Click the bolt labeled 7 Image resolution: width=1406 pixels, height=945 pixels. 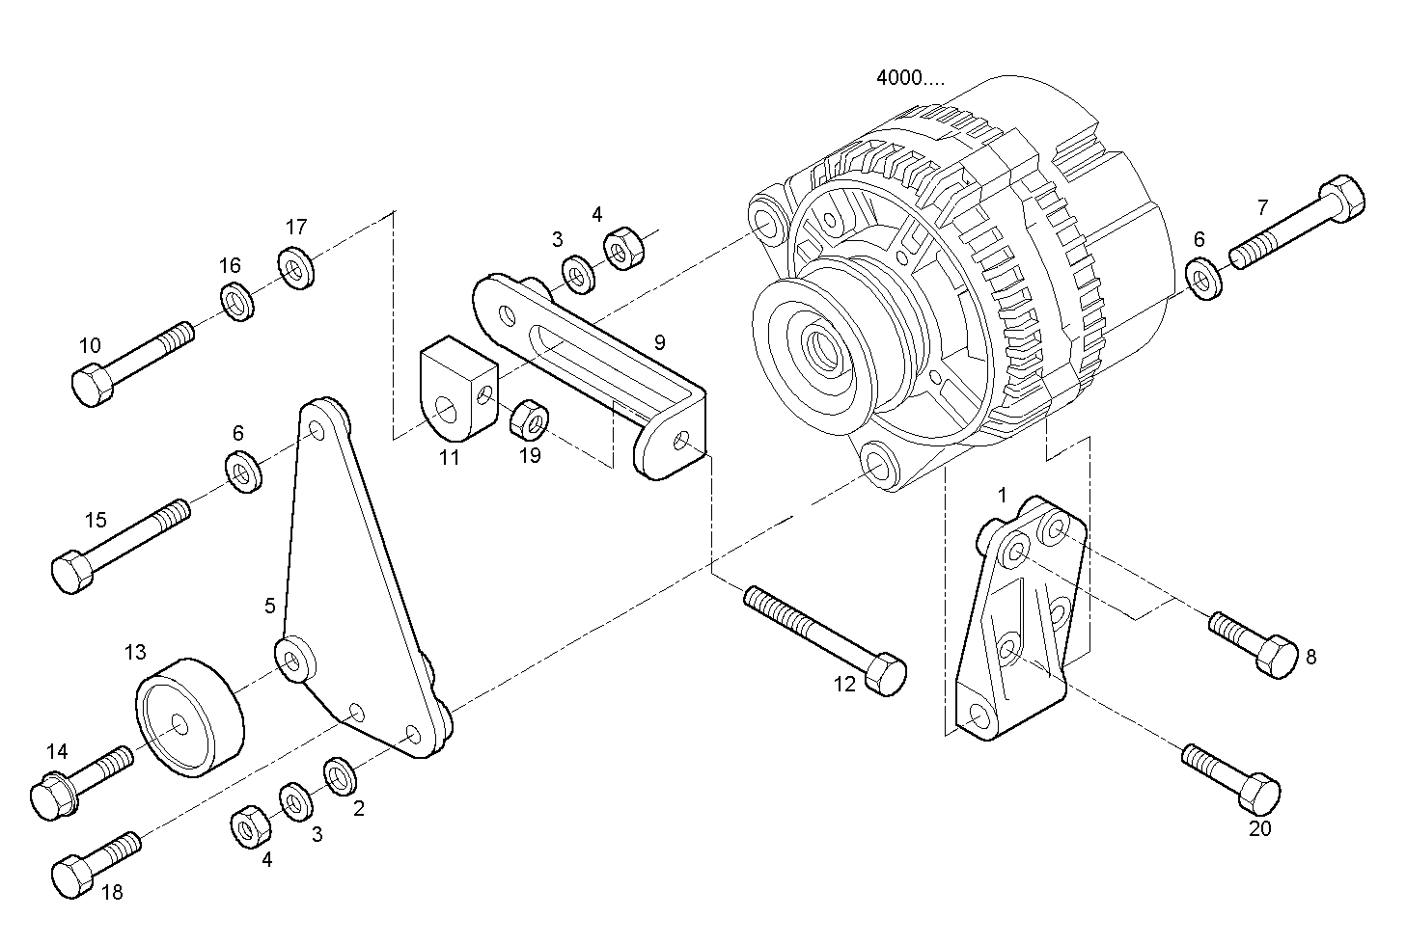1298,224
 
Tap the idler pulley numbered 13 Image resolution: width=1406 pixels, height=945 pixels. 188,717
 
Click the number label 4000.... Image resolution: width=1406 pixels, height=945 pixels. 910,78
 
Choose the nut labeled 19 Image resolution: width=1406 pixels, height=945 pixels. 529,419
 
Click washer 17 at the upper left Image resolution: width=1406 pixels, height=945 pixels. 295,268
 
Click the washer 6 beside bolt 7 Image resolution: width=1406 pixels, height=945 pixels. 1202,279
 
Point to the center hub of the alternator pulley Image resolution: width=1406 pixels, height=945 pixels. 822,345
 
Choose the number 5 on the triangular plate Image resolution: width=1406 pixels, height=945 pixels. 270,606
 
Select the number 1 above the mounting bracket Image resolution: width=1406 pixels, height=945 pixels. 1002,496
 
